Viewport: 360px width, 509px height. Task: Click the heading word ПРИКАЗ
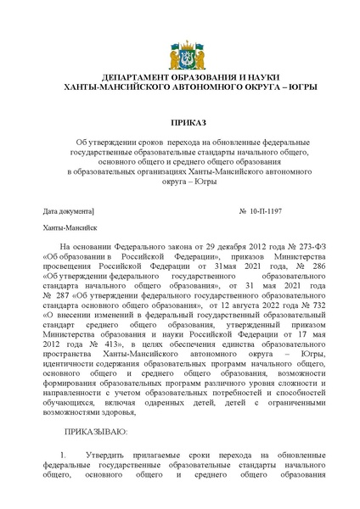click(x=179, y=123)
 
